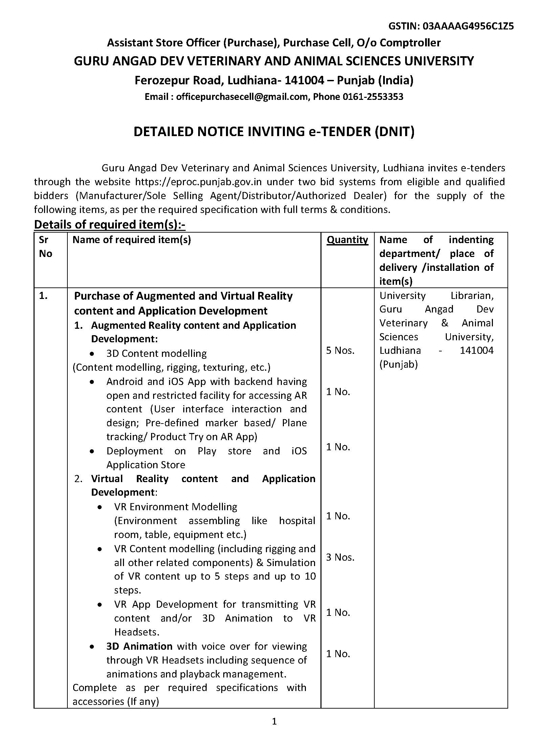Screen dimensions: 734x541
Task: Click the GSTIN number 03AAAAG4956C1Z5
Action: coord(468,26)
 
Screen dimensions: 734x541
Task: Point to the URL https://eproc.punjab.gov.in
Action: coord(198,182)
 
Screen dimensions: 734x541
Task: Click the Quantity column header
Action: coord(347,240)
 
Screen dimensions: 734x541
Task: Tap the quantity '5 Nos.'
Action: coord(340,350)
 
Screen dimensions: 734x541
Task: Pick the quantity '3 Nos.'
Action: coord(340,557)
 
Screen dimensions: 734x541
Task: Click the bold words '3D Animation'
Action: coord(139,646)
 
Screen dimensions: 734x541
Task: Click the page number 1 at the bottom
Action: coord(274,721)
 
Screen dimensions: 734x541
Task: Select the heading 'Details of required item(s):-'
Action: coord(110,224)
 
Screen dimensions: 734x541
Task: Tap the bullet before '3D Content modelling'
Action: coord(92,354)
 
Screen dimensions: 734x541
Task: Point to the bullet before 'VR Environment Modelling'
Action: coord(100,507)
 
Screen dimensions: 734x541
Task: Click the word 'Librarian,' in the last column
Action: coord(472,296)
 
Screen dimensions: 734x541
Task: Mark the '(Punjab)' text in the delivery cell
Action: coord(398,364)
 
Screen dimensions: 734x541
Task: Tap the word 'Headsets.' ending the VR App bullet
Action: coord(137,632)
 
